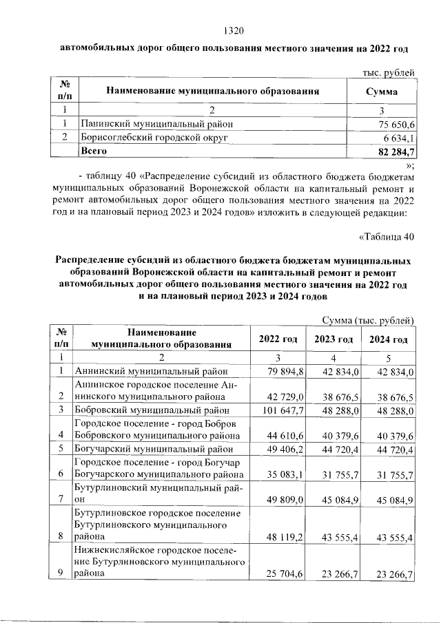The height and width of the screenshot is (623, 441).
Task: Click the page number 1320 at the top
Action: tap(235, 30)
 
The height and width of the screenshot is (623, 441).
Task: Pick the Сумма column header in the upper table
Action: tap(380, 91)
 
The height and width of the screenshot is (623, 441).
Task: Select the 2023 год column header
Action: tap(334, 339)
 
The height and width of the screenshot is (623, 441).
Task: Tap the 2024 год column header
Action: tap(388, 339)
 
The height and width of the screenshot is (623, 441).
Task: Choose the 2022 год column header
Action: tap(278, 339)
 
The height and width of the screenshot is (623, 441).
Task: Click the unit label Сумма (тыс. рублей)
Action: tap(368, 319)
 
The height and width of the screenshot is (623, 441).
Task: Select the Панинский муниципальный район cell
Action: tap(152, 125)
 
